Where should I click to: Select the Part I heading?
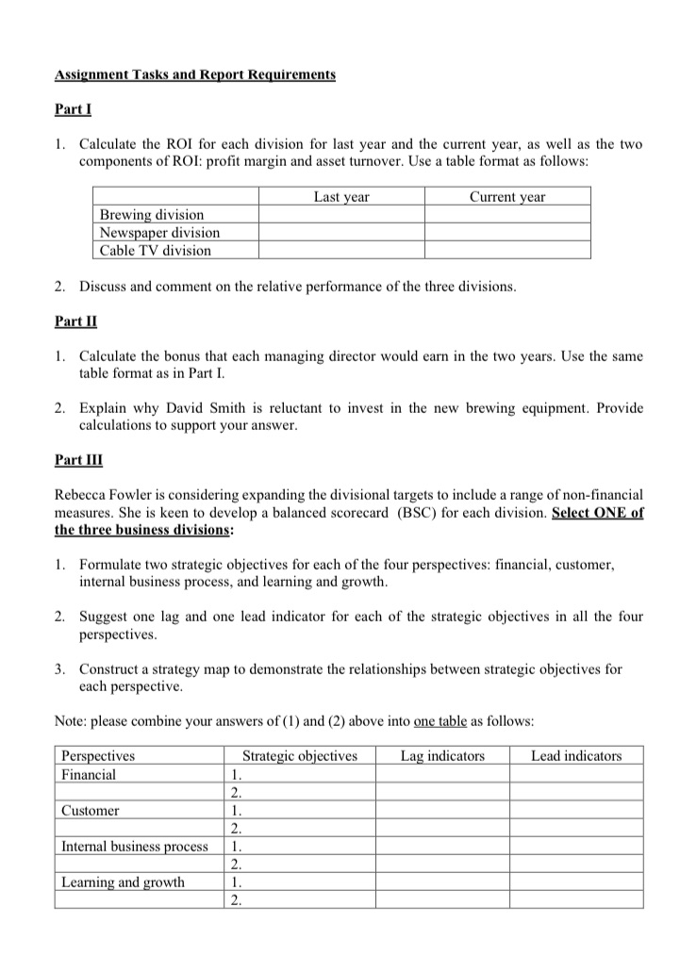point(73,109)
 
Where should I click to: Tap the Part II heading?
point(75,321)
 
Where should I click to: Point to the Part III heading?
point(79,459)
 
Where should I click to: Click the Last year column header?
point(341,197)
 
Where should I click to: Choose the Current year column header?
point(507,197)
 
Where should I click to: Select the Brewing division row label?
point(152,215)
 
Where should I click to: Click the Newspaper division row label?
point(159,232)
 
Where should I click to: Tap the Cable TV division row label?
point(156,250)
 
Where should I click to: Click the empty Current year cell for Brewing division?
point(507,215)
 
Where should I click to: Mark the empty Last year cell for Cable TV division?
point(341,250)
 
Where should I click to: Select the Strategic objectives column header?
point(300,755)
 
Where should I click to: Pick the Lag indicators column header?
point(442,755)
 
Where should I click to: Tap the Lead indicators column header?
point(576,755)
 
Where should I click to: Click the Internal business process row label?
point(135,846)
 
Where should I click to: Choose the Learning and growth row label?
point(123,882)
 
